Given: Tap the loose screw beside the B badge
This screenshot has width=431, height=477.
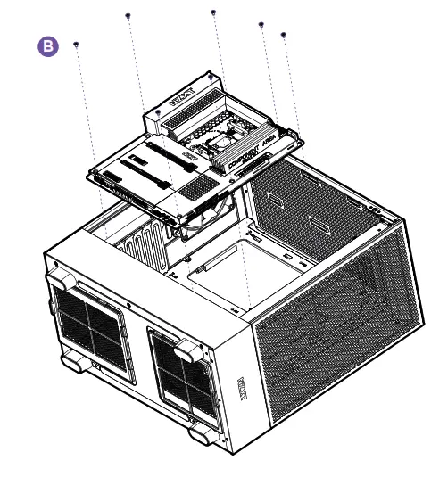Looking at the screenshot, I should click(x=76, y=44).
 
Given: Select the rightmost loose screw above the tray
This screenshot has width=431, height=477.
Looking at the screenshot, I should click(x=283, y=35).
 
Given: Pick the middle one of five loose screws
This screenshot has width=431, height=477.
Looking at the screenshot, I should click(x=213, y=12).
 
